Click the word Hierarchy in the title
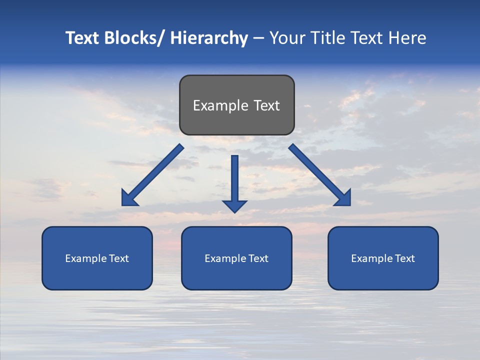[x=209, y=38]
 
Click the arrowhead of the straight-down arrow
[x=235, y=205]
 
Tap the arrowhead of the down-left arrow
[x=128, y=199]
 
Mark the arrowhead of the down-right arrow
[x=343, y=199]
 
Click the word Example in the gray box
[x=217, y=105]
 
